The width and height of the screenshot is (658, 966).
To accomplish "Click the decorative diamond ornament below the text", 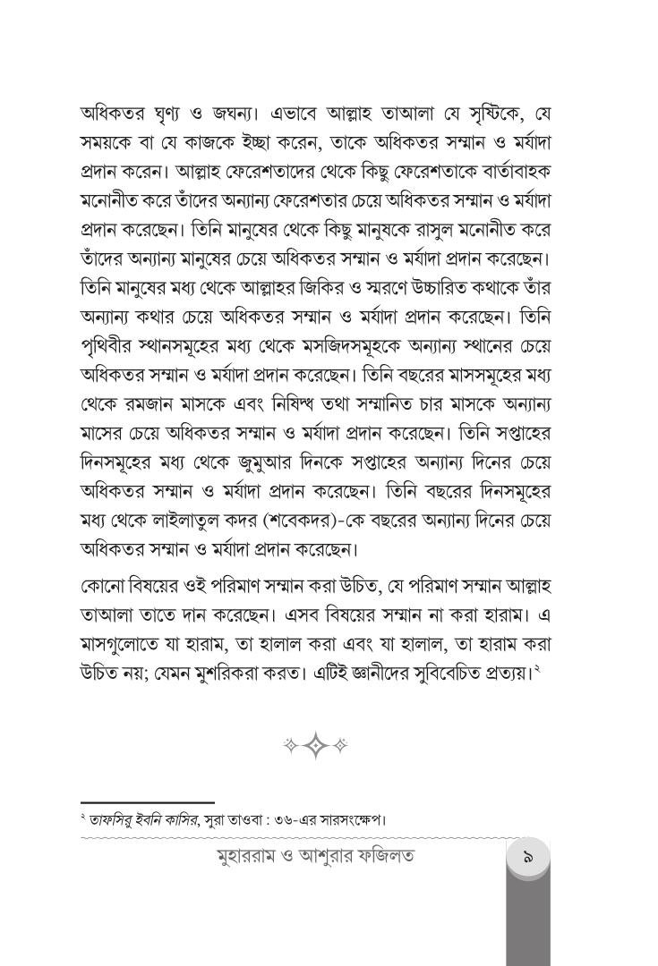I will coord(316,745).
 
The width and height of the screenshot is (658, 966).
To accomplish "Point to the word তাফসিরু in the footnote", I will coord(112,818).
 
